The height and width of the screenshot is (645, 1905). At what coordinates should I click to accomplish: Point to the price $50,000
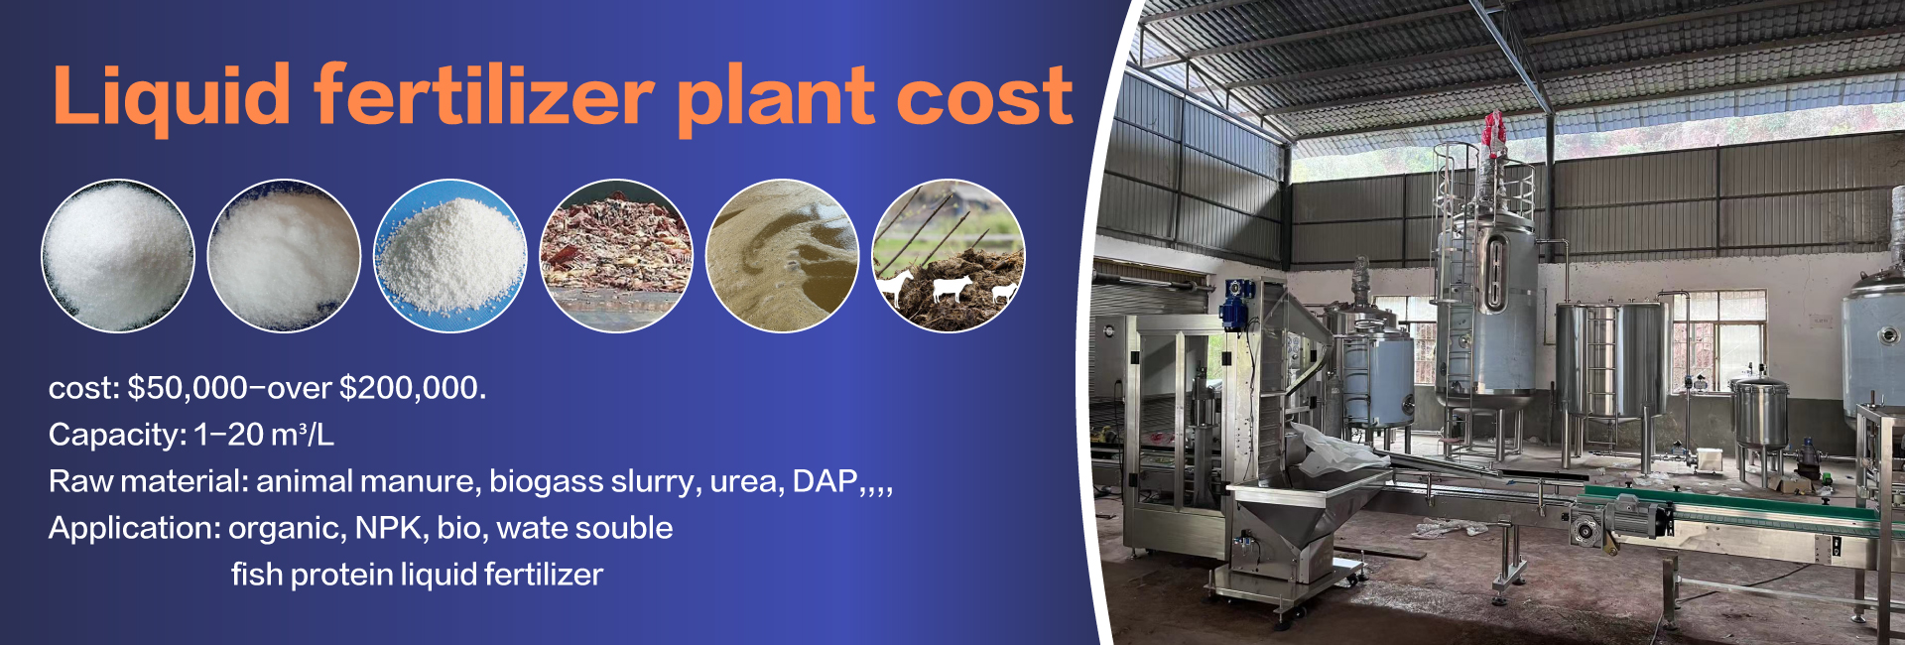click(188, 387)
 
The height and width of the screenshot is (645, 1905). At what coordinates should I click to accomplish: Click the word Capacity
click(115, 435)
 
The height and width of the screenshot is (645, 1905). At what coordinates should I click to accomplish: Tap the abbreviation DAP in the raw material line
click(825, 481)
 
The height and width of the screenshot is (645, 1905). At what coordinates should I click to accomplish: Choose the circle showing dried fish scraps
click(616, 255)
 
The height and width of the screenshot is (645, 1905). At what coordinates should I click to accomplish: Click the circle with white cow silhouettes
click(949, 255)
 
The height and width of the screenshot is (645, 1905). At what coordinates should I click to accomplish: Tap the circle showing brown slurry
click(782, 255)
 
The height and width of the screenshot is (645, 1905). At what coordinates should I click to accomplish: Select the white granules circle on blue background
click(450, 255)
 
